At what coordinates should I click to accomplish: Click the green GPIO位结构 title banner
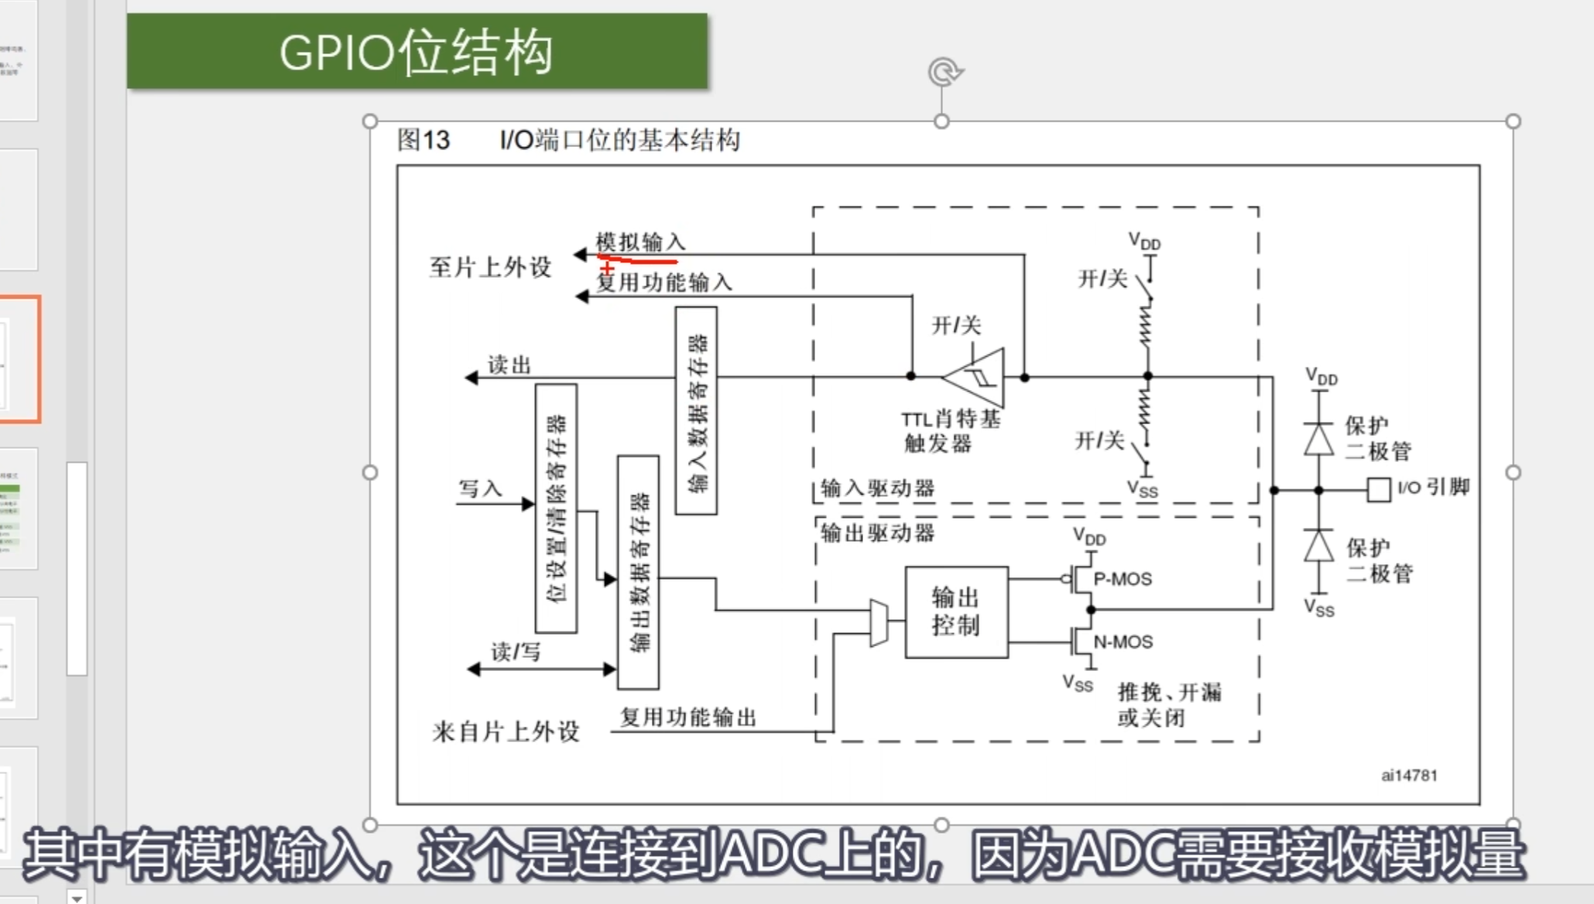pos(416,51)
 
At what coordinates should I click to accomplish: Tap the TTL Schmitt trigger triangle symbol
pos(978,377)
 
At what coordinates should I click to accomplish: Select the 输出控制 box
pos(956,611)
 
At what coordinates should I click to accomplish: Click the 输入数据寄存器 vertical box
pos(696,410)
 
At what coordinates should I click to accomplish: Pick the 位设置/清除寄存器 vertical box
pos(556,508)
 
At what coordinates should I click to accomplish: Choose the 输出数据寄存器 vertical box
pos(638,572)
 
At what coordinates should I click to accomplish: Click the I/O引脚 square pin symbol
pos(1378,489)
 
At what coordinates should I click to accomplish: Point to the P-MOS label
pos(1123,579)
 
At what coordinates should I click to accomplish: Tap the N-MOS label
pos(1123,642)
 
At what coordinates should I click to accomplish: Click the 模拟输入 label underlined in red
pos(640,242)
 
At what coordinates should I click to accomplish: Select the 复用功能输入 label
pos(664,282)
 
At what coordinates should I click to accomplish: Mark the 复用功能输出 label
pos(688,717)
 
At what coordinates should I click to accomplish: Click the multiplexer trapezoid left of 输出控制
pos(879,622)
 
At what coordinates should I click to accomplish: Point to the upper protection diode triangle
pos(1319,439)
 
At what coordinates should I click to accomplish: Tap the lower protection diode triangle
pos(1319,546)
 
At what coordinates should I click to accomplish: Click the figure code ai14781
pos(1409,775)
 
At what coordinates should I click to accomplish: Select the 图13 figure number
pos(423,140)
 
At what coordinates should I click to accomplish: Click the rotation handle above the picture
pos(943,72)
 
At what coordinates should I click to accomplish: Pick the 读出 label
pos(509,365)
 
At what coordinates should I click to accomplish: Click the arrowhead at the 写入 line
pos(528,505)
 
